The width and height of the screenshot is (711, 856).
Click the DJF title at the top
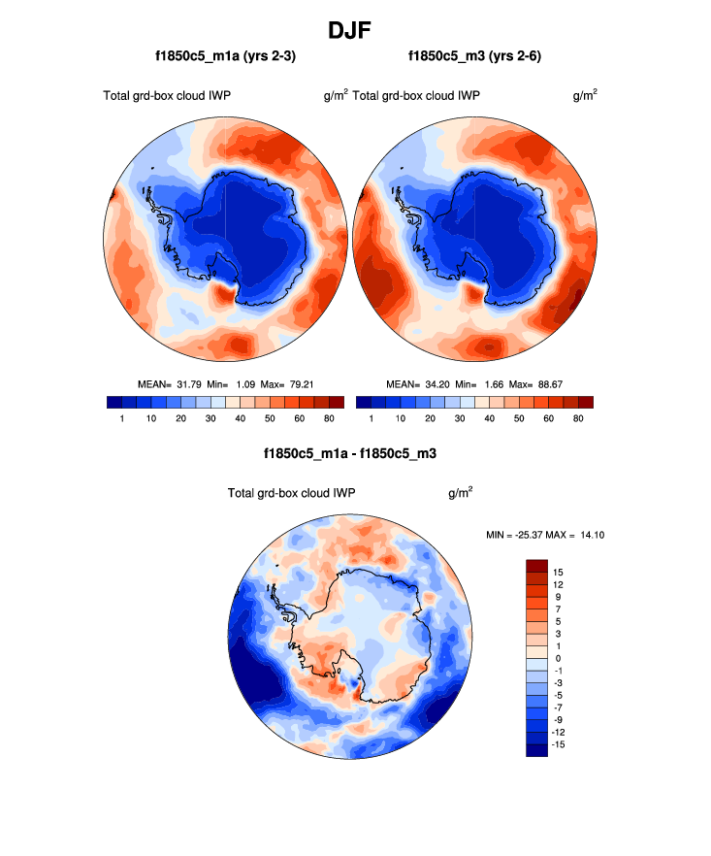tap(354, 30)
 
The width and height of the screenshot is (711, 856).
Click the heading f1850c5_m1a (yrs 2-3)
tap(225, 57)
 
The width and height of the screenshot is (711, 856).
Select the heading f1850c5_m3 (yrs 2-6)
tap(474, 57)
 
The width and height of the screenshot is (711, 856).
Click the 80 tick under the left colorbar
tap(329, 417)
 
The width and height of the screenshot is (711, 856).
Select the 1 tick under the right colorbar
tap(372, 417)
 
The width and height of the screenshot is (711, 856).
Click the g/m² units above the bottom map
tap(460, 492)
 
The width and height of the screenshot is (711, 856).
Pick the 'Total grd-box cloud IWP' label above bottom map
tap(291, 493)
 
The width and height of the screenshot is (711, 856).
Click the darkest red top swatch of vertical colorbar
tap(536, 565)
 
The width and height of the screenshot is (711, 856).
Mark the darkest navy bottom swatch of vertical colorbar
tap(536, 749)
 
